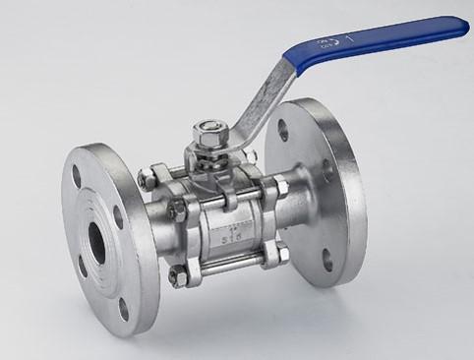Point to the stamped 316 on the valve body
226,233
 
